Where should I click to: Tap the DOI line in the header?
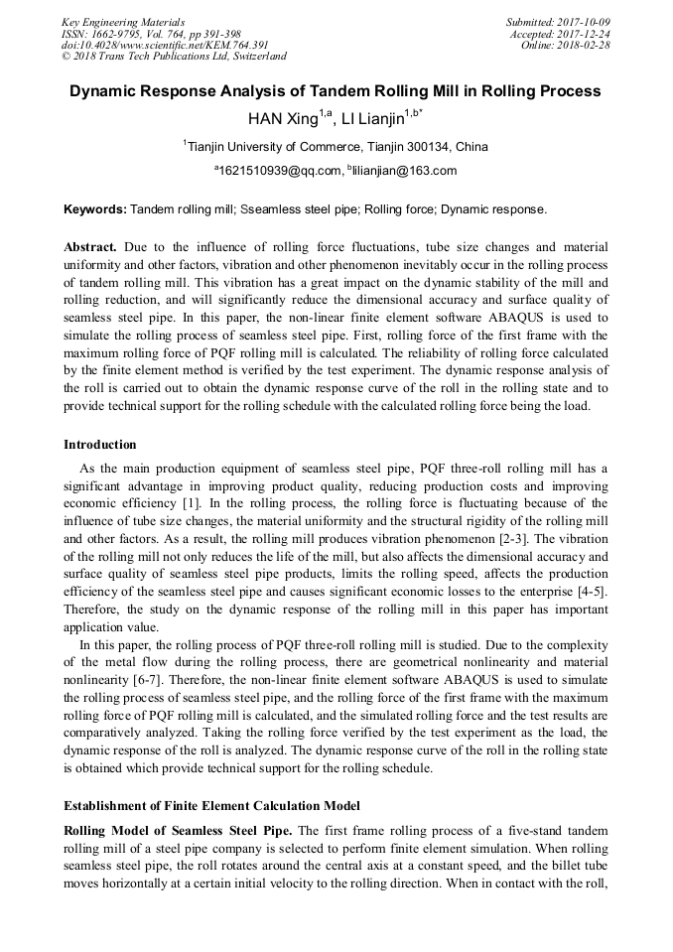pos(165,45)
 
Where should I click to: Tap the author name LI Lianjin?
pos(375,121)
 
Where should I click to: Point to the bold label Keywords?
pos(95,210)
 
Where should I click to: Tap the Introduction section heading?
pos(100,444)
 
